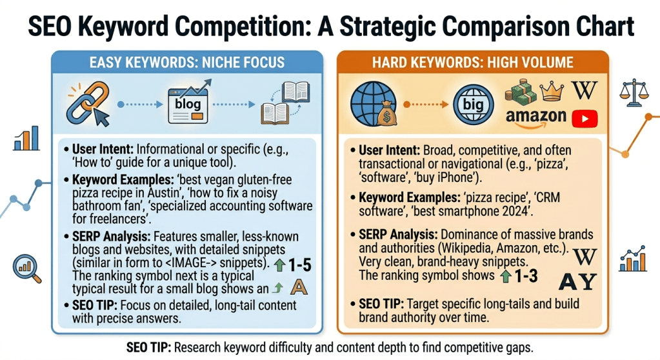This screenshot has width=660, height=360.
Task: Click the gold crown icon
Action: [x=551, y=90]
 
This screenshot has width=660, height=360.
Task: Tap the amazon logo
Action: [x=535, y=116]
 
